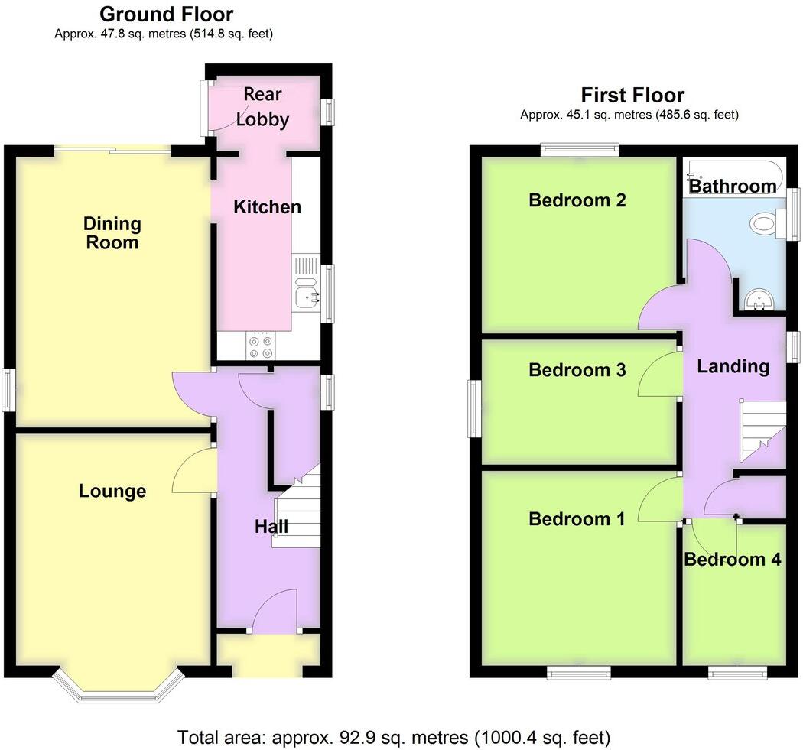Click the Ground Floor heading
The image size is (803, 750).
166,14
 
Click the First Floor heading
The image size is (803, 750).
632,95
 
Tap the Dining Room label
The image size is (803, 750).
112,233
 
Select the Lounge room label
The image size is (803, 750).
112,491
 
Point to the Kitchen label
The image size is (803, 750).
267,206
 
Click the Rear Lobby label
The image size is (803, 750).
262,107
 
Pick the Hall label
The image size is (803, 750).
271,526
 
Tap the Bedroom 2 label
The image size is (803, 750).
577,200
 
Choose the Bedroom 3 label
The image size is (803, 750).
577,370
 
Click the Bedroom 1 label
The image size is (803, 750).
577,519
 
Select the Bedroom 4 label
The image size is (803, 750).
732,560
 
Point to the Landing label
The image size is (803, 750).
733,366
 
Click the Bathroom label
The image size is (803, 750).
732,186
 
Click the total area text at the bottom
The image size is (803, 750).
394,738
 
